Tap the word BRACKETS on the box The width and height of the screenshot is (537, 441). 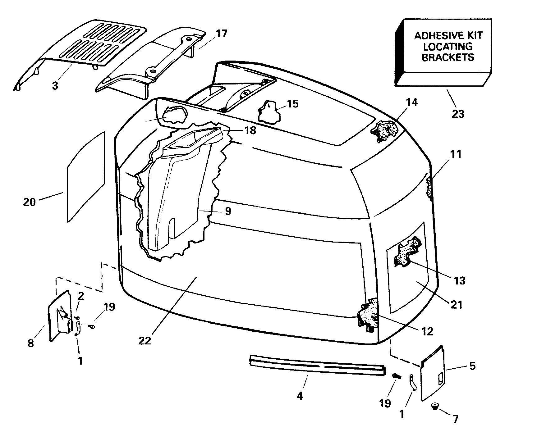[448, 57]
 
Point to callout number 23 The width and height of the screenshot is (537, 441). [458, 114]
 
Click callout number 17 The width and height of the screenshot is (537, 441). [221, 34]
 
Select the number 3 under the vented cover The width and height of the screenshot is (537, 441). [55, 85]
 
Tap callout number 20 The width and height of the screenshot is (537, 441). [30, 202]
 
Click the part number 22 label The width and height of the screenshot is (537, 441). [145, 341]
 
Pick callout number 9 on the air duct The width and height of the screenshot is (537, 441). [228, 211]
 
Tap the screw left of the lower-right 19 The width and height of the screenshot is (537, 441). [396, 376]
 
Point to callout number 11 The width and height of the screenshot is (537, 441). [456, 154]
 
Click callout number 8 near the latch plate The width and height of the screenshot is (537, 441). [30, 344]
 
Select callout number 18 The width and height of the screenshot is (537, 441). [250, 130]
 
